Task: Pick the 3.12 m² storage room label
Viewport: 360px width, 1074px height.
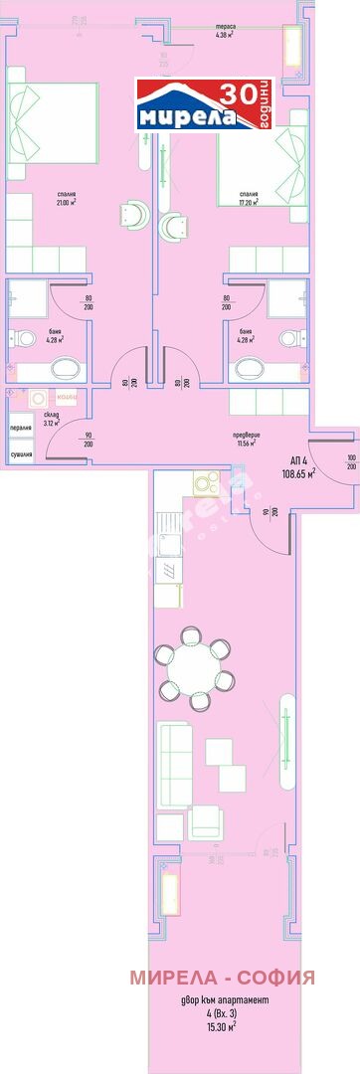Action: pyautogui.click(x=51, y=419)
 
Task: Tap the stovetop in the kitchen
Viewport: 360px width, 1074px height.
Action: pyautogui.click(x=206, y=485)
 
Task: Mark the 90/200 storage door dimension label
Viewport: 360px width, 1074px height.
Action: pyautogui.click(x=89, y=440)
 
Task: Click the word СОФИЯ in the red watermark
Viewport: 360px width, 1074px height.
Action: pyautogui.click(x=267, y=978)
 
